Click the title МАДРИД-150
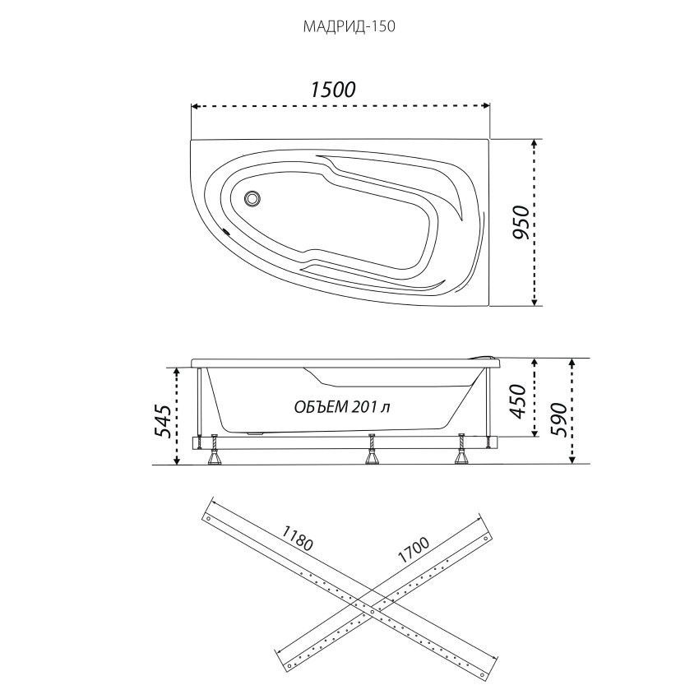click(x=349, y=27)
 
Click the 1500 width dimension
click(x=333, y=90)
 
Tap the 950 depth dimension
click(x=521, y=222)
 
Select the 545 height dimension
click(x=162, y=421)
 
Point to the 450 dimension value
click(x=517, y=401)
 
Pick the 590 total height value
click(x=559, y=420)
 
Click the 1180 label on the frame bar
click(x=298, y=538)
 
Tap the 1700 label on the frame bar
click(x=414, y=549)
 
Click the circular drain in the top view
click(x=252, y=198)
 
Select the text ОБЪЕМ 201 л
click(x=342, y=406)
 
